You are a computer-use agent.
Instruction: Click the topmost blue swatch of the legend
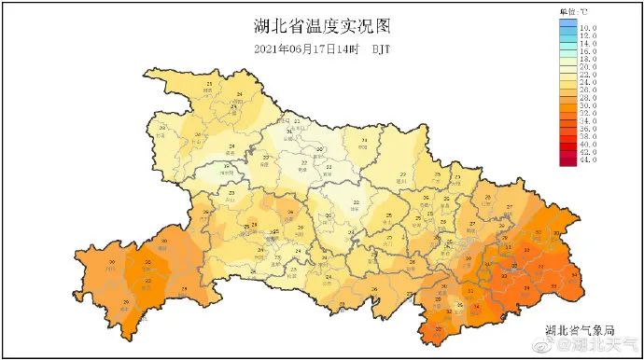tap(567, 29)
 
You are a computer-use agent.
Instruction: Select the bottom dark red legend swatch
tap(567, 160)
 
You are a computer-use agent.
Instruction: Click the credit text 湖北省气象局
tap(580, 329)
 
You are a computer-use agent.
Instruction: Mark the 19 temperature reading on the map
tap(228, 166)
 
